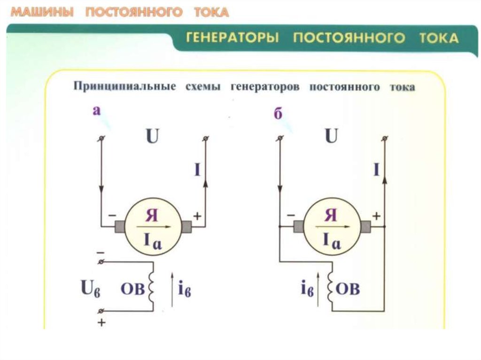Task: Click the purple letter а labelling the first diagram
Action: (97, 110)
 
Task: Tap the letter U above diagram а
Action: (153, 136)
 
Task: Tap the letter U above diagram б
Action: (331, 136)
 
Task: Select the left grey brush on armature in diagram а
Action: (120, 227)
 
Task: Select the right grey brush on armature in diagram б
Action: (365, 227)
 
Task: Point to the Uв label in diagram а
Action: (90, 288)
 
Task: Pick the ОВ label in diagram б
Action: (348, 289)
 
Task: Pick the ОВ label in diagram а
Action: (132, 289)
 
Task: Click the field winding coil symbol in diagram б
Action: (330, 287)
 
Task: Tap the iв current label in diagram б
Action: (307, 289)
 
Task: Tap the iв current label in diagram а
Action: (185, 289)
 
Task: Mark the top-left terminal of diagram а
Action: (102, 138)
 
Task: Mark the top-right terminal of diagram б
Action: (385, 138)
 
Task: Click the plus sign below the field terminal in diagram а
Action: (101, 322)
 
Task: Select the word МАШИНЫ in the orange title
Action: (42, 12)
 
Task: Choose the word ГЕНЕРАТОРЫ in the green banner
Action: (233, 38)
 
